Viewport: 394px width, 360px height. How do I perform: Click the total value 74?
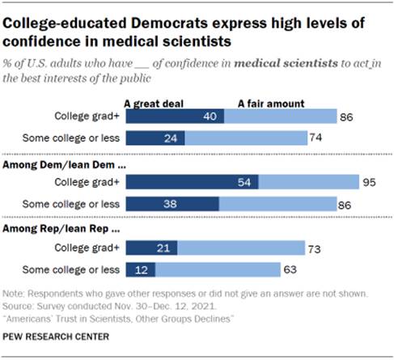click(317, 138)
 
